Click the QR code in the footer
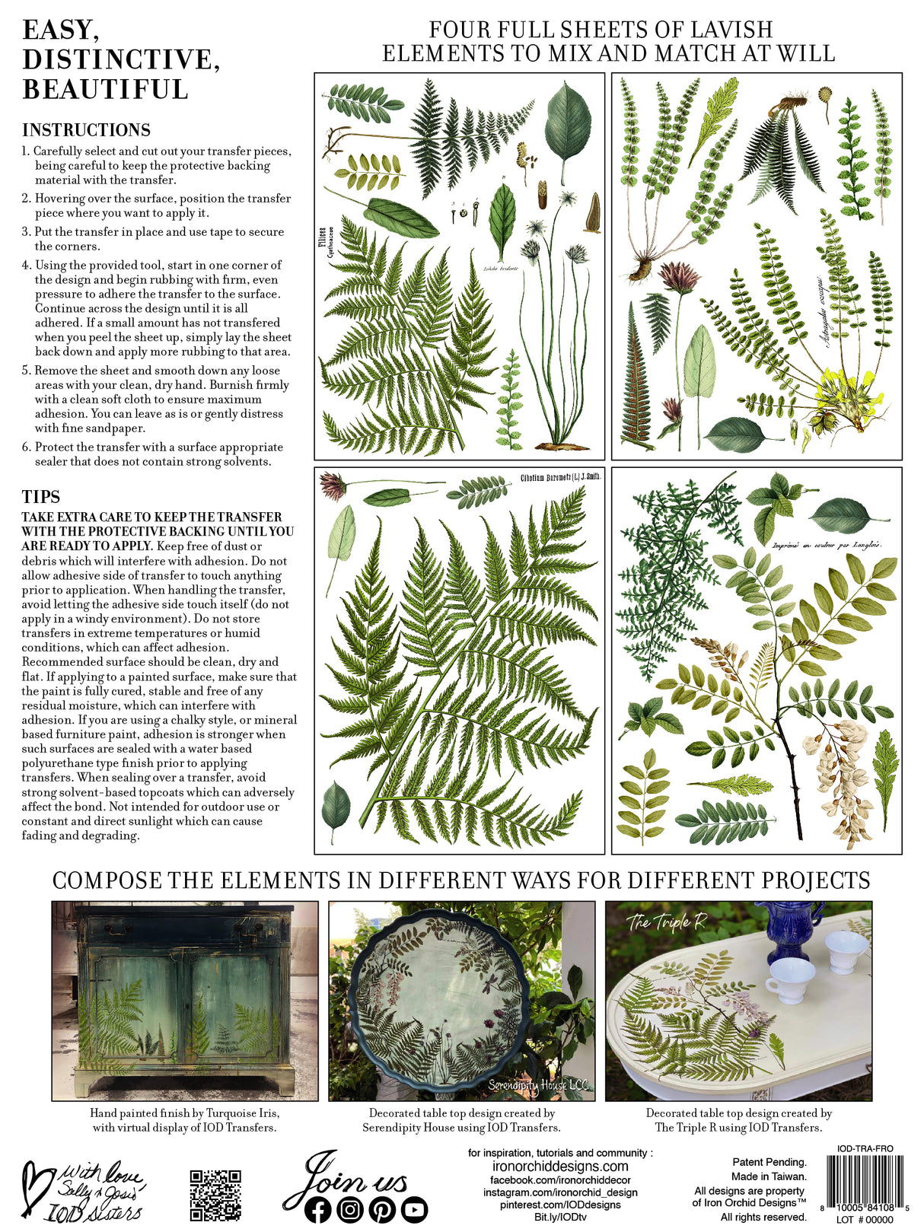click(x=215, y=1195)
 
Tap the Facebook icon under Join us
click(x=317, y=1209)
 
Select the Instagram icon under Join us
click(x=350, y=1209)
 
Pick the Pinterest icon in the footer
click(x=382, y=1209)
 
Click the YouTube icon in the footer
click(x=415, y=1209)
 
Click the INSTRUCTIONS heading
click(x=86, y=130)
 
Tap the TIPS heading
click(x=41, y=497)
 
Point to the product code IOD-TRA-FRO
click(x=865, y=1148)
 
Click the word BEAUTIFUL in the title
click(x=106, y=89)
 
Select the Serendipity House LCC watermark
click(x=540, y=1085)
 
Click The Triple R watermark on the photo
click(x=667, y=922)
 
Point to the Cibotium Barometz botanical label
click(x=560, y=477)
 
